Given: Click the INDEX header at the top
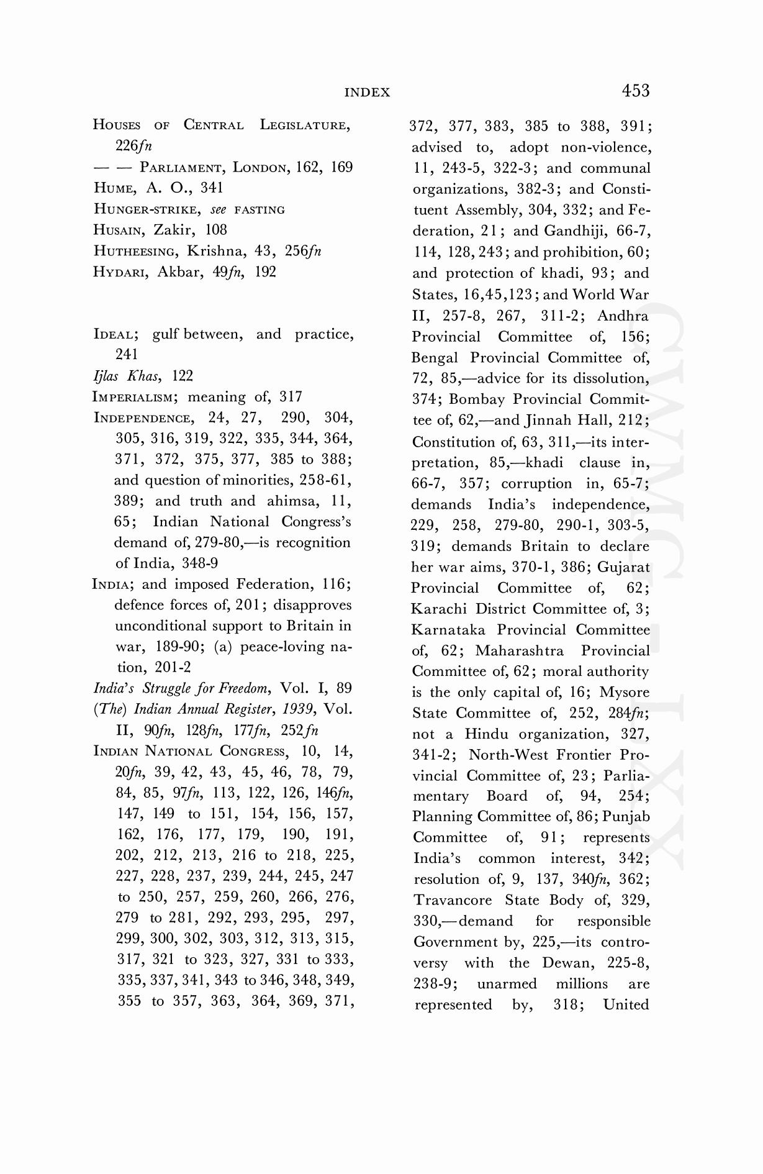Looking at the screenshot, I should [x=367, y=93].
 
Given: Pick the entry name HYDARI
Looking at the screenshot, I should [x=120, y=272].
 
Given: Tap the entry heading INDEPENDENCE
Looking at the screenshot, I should [x=143, y=418].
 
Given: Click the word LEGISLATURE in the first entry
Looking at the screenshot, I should [x=304, y=125].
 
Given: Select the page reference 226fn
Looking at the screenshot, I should [x=133, y=146].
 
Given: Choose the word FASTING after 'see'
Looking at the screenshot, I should [x=260, y=210].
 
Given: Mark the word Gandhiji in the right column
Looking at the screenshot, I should [x=574, y=231].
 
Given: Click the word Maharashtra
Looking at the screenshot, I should [x=520, y=651].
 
